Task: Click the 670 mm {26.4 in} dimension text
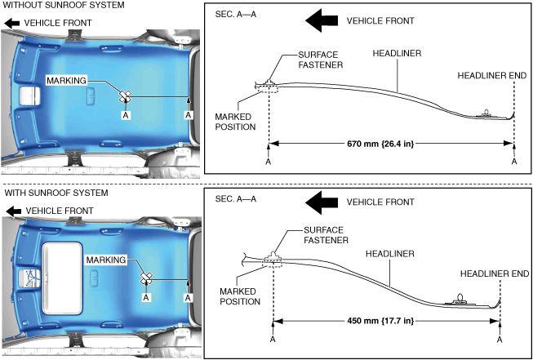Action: (x=380, y=144)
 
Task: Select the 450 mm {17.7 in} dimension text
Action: (x=380, y=321)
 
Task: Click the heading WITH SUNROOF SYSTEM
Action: (x=56, y=193)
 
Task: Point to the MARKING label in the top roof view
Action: (x=66, y=81)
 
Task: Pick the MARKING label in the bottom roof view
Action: (x=106, y=260)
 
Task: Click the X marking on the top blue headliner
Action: (x=125, y=96)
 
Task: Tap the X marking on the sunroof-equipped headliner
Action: (x=147, y=278)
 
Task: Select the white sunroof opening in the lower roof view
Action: (x=62, y=278)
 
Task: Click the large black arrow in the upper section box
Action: (x=322, y=20)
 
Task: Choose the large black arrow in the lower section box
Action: (x=322, y=202)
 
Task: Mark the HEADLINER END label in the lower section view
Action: (x=495, y=273)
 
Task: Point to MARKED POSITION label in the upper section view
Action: (x=235, y=122)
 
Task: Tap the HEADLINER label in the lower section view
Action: (x=390, y=254)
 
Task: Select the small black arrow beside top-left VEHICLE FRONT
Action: (x=12, y=23)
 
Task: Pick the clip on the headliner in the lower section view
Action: (x=460, y=299)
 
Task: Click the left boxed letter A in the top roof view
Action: (x=126, y=116)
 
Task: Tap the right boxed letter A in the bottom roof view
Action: (x=188, y=297)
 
